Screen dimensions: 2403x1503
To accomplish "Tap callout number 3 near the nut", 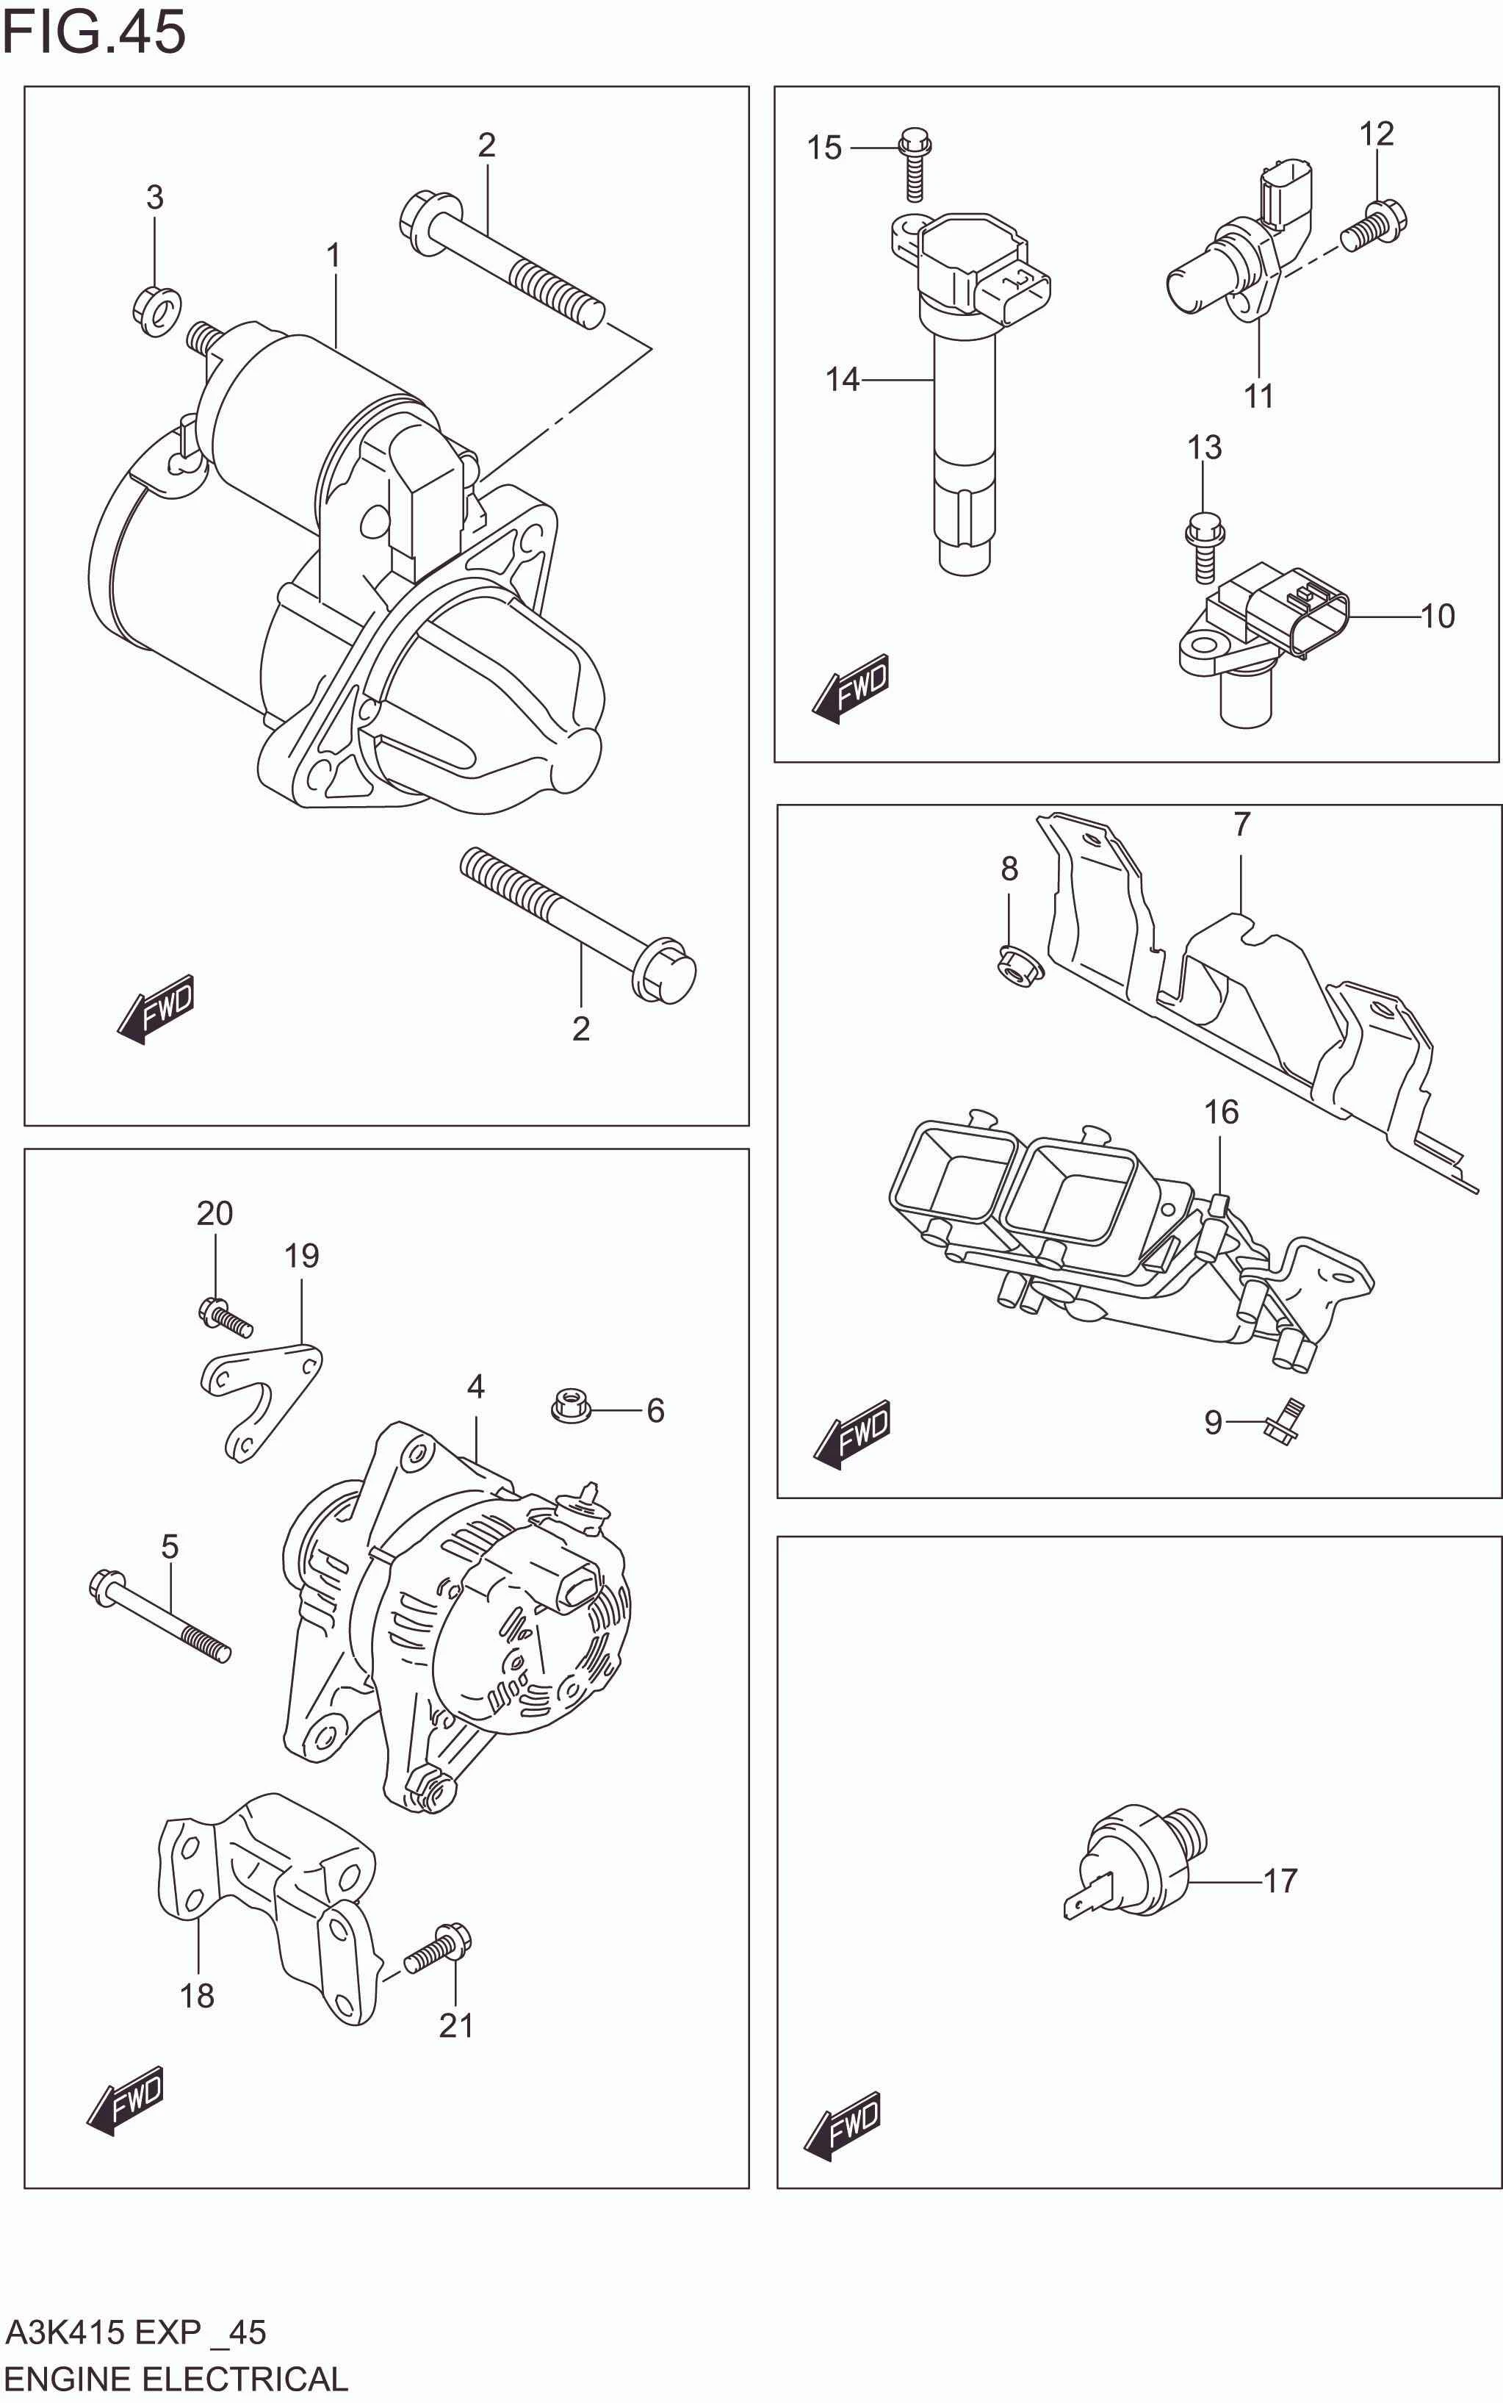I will tap(155, 198).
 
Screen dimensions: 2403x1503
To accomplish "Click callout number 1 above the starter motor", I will tap(334, 256).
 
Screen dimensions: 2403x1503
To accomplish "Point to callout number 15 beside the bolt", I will tap(824, 148).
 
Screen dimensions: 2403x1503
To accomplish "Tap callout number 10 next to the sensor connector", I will tap(1438, 617).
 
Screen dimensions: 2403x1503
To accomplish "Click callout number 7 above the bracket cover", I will tap(1241, 825).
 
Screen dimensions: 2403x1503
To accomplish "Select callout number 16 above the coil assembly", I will tap(1222, 1112).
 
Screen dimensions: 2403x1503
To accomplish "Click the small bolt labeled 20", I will tap(226, 1318).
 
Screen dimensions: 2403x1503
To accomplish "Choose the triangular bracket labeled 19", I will tap(262, 1396).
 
